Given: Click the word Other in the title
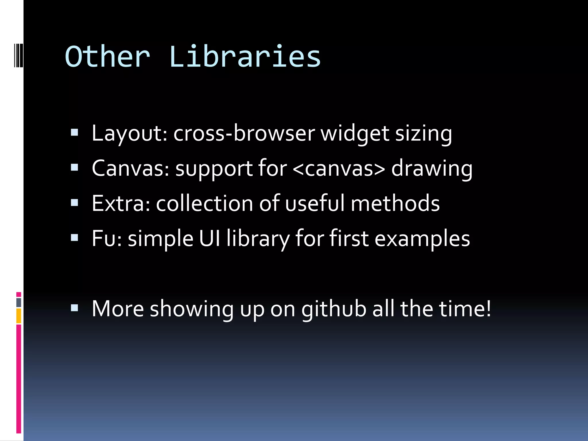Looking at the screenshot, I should click(x=108, y=57).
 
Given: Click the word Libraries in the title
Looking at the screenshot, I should click(x=245, y=57).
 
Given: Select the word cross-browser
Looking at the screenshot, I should click(x=244, y=134).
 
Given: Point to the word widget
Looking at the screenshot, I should click(x=355, y=134).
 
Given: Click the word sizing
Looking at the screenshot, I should click(x=423, y=134).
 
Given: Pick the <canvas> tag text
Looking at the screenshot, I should click(x=339, y=169).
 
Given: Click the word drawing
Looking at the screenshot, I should click(x=432, y=169).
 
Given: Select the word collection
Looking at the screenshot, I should click(x=204, y=203).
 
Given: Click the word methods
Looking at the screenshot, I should click(x=395, y=203).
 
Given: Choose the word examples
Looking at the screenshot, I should click(x=422, y=238).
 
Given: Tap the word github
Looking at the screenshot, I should click(x=334, y=309).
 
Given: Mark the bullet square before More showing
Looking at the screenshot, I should click(x=74, y=308).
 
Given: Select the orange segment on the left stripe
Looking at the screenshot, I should click(x=19, y=316).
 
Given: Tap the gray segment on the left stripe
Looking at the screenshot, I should click(x=19, y=303).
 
